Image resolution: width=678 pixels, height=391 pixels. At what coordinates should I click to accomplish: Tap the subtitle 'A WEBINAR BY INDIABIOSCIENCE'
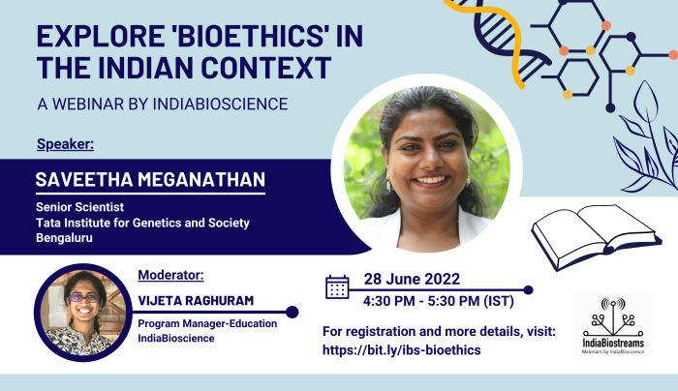click(x=163, y=105)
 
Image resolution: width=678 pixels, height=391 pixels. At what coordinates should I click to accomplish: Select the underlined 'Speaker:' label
click(x=65, y=144)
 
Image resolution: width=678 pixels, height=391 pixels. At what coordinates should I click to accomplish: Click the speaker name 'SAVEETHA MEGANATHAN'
click(x=150, y=179)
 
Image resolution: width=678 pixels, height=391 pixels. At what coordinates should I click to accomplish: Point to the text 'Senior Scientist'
click(x=80, y=207)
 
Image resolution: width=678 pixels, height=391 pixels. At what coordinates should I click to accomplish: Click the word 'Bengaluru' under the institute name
click(x=65, y=238)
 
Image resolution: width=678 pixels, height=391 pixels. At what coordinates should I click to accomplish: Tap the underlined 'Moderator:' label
click(x=170, y=275)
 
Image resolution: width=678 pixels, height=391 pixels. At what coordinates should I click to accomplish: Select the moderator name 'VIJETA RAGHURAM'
click(x=196, y=301)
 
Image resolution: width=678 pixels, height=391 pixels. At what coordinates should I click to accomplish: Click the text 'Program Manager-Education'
click(x=207, y=323)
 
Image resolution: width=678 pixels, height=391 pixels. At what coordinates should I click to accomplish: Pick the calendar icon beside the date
click(x=337, y=287)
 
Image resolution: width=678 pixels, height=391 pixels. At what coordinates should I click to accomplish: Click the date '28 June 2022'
click(x=412, y=279)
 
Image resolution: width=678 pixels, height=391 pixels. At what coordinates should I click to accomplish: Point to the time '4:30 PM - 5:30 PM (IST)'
click(x=439, y=301)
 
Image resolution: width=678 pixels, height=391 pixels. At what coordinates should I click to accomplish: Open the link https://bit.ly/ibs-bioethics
click(x=402, y=350)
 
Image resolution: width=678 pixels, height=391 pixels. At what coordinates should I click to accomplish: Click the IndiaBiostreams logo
click(x=613, y=324)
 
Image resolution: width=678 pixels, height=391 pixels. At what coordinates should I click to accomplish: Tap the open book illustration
click(x=596, y=237)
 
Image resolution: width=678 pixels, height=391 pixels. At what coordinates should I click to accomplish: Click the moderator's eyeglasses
click(x=83, y=298)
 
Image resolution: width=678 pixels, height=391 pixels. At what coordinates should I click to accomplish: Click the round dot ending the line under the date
click(x=528, y=290)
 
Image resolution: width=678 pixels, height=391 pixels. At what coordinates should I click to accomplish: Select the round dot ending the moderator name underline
click(x=293, y=312)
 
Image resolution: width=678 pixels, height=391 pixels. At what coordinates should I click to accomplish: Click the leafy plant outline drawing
click(x=647, y=138)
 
